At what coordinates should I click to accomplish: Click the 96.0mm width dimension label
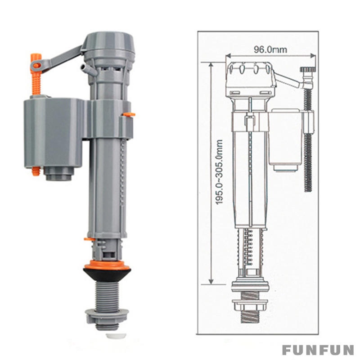coord(270,49)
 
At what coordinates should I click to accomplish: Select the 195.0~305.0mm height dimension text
coord(220,172)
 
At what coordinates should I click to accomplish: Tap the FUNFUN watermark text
coord(318,350)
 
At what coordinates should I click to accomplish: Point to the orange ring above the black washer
coord(107,263)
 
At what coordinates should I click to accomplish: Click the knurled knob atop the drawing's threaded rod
coord(307,71)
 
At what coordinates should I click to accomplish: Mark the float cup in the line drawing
coord(285,139)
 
